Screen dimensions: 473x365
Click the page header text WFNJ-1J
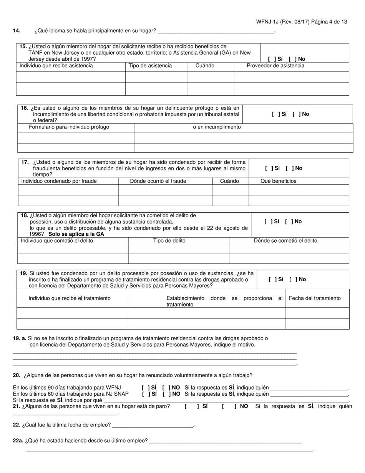[x=269, y=22]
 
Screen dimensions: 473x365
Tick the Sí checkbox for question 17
[x=268, y=168]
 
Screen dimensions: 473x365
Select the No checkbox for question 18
[x=288, y=222]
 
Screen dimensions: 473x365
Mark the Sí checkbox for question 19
[x=272, y=280]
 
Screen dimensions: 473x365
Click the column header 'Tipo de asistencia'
[x=150, y=66]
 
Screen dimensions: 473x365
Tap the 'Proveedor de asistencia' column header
[x=275, y=66]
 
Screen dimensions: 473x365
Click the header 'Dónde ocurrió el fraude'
[x=158, y=181]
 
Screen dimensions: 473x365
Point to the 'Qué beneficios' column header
[x=278, y=181]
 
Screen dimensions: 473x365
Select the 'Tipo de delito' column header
[x=169, y=241]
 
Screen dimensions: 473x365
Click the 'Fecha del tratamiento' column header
[x=314, y=298]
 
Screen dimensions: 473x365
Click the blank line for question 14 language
[x=216, y=31]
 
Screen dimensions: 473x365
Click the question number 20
[x=17, y=375]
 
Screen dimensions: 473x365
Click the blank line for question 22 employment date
[x=153, y=425]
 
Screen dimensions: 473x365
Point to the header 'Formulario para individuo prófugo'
[x=69, y=127]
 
